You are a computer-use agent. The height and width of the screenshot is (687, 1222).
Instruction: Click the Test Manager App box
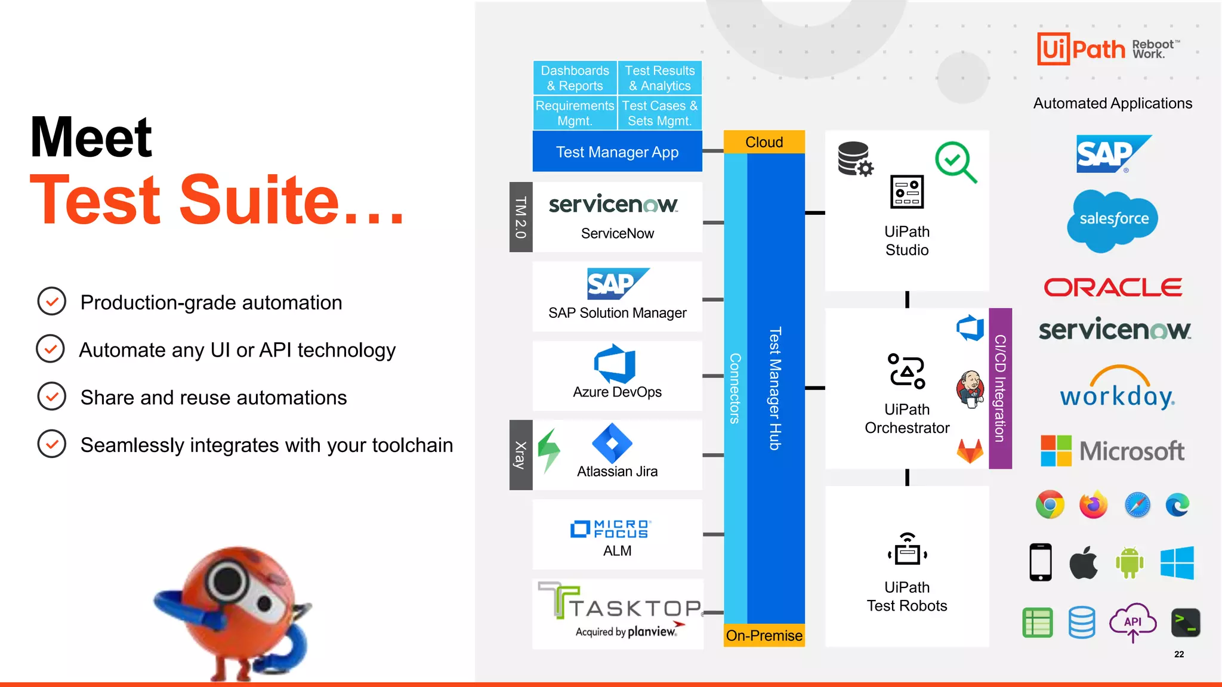pos(617,152)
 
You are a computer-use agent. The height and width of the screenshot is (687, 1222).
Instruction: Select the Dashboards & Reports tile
pos(575,78)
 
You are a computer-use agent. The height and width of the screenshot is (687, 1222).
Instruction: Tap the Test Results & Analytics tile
pos(659,78)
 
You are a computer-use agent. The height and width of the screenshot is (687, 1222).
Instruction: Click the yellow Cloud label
pos(764,142)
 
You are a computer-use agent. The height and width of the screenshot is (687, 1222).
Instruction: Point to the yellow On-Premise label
pos(764,636)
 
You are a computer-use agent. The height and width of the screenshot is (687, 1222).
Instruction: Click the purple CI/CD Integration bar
pos(1000,388)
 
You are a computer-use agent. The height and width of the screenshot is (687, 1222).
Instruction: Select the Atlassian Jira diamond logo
pos(612,443)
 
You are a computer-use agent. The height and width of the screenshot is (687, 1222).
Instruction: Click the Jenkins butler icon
pos(970,389)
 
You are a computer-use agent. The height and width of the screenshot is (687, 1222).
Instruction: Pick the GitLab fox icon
pos(970,451)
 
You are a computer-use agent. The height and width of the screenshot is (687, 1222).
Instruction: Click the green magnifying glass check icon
pos(955,162)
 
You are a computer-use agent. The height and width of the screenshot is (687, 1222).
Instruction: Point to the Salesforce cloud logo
pos(1113,219)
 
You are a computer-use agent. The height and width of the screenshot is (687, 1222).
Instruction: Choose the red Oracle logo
pos(1113,287)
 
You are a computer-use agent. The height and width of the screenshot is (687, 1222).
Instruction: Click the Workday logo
pos(1117,388)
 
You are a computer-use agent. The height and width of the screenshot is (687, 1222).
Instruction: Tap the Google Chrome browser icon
pos(1050,505)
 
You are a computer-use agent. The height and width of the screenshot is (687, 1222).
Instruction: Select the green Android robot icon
pos(1129,562)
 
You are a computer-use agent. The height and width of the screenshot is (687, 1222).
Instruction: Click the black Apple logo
pos(1084,562)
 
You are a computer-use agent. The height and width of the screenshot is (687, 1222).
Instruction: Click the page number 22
pos(1179,654)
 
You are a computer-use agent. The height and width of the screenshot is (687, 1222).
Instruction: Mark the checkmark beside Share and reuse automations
pos(52,397)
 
